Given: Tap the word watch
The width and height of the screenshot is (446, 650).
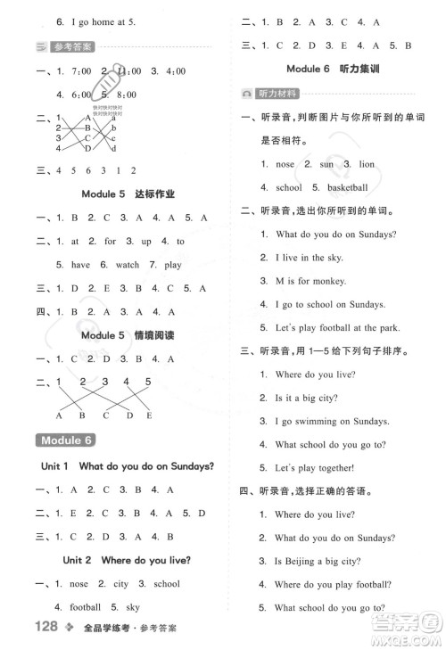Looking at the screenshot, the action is (128, 265).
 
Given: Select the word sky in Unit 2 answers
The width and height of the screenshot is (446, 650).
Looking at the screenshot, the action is (132, 607).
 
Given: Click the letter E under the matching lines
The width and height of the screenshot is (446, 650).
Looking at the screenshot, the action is (149, 416).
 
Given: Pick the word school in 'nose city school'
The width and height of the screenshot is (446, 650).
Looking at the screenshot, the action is (167, 584).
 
